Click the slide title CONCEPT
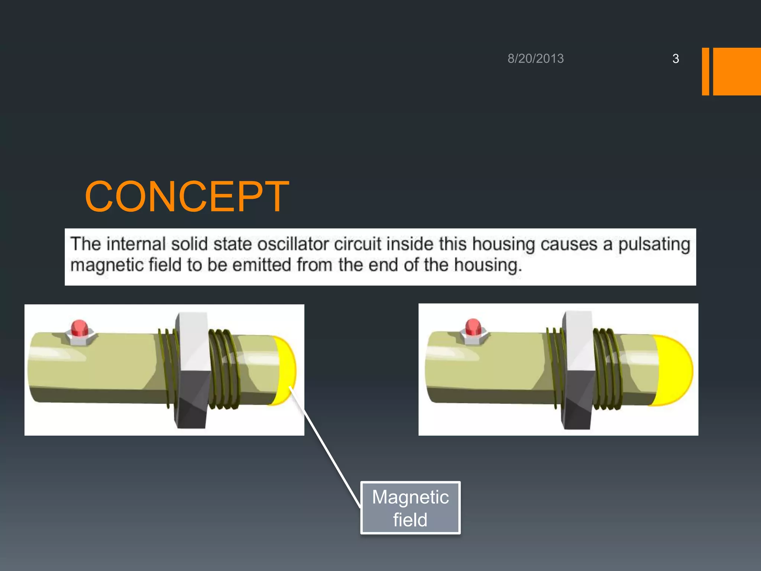(187, 197)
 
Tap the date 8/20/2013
(535, 59)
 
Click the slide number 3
(676, 59)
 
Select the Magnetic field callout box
(410, 508)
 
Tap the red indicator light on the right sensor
(473, 328)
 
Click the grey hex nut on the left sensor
(192, 370)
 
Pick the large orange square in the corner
(737, 71)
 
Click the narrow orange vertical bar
(705, 71)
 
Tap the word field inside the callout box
(410, 520)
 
